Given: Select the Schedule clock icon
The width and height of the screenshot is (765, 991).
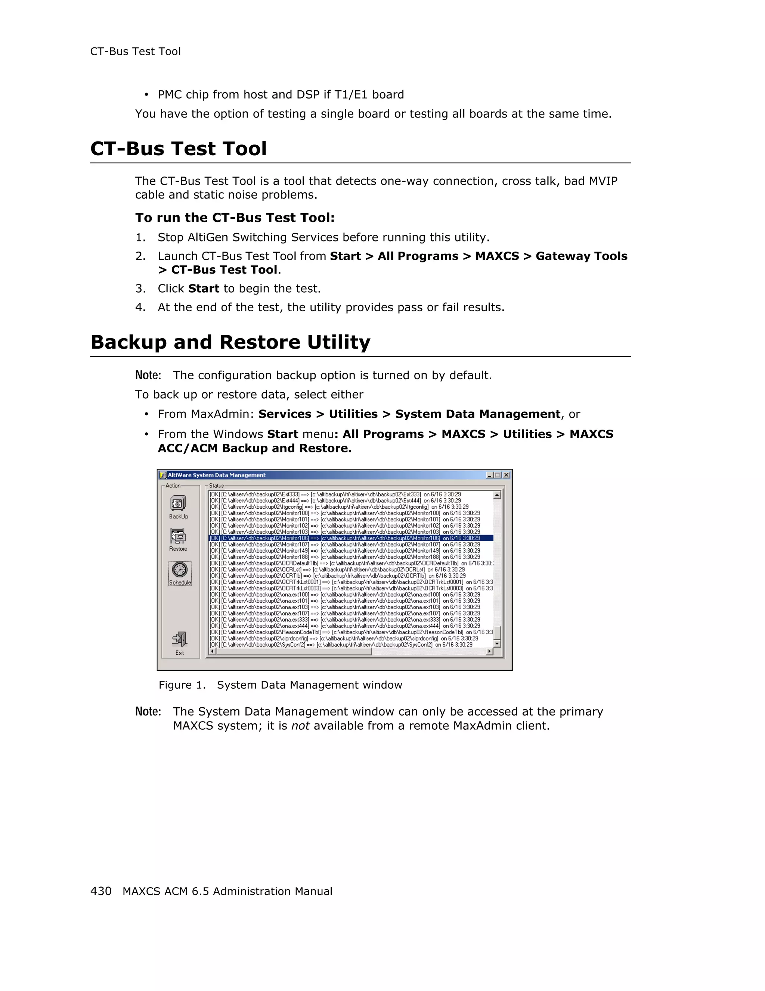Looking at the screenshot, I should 180,570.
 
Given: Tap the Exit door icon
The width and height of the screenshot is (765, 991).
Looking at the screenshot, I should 180,639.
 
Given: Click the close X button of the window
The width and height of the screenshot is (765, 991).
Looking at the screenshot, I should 507,475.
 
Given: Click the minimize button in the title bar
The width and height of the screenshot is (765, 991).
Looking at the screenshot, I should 489,475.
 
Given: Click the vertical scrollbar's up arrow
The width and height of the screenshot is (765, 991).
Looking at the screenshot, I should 497,495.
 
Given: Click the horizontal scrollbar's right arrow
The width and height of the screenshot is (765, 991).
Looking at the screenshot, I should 489,652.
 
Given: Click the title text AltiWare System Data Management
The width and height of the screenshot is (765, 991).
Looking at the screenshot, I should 217,475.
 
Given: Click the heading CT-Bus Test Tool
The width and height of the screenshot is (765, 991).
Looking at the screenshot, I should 179,149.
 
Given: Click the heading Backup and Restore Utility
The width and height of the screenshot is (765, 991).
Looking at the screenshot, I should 230,342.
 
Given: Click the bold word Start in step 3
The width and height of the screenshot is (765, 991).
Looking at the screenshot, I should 204,289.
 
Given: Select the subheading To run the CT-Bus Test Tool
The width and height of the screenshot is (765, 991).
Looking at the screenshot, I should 235,218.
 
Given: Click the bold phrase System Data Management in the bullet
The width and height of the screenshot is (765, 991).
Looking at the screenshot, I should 478,414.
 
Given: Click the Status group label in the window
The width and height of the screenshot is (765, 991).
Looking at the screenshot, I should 216,486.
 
